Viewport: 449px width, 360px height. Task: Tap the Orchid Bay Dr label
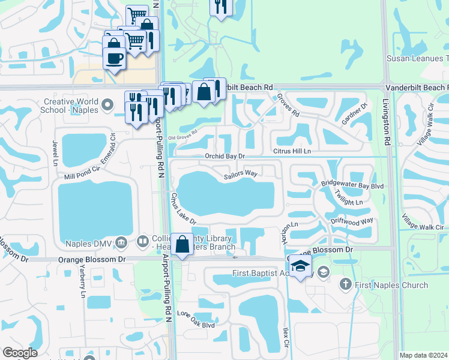point(226,156)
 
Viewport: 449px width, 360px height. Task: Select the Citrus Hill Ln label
point(293,151)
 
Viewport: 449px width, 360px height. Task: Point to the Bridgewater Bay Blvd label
point(352,186)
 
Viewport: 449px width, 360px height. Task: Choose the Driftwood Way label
point(352,221)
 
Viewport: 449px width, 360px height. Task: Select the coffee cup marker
point(114,59)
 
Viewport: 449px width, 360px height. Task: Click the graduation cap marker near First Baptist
point(300,266)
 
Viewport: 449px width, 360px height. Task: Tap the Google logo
point(20,353)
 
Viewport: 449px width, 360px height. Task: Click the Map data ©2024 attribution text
point(423,355)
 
